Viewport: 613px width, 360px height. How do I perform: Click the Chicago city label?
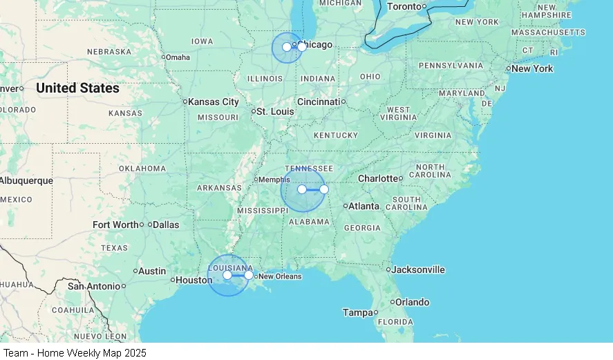(316, 45)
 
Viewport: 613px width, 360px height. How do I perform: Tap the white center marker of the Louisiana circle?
(227, 275)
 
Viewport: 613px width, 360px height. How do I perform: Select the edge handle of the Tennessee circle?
(324, 189)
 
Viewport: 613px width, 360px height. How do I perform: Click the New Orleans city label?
(280, 276)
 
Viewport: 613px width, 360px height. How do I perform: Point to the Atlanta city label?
(364, 206)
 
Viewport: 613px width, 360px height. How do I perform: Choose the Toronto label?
(404, 6)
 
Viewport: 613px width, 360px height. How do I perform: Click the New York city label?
(532, 68)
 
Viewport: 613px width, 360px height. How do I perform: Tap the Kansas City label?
(214, 102)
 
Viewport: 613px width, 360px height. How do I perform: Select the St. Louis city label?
(275, 111)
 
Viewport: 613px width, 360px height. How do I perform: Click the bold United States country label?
(77, 88)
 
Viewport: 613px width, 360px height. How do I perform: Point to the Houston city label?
(194, 280)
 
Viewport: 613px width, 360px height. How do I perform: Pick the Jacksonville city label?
(418, 269)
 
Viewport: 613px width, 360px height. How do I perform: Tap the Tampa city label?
(358, 312)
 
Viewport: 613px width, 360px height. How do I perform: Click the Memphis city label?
(274, 180)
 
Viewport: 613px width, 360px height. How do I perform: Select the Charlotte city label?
(378, 178)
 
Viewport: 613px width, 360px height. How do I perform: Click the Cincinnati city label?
(319, 102)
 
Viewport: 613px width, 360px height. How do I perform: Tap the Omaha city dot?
(163, 57)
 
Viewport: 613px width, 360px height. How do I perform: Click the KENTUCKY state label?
(336, 135)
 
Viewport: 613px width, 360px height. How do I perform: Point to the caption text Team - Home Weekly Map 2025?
(75, 352)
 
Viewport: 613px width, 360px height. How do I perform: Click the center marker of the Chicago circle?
(287, 47)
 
